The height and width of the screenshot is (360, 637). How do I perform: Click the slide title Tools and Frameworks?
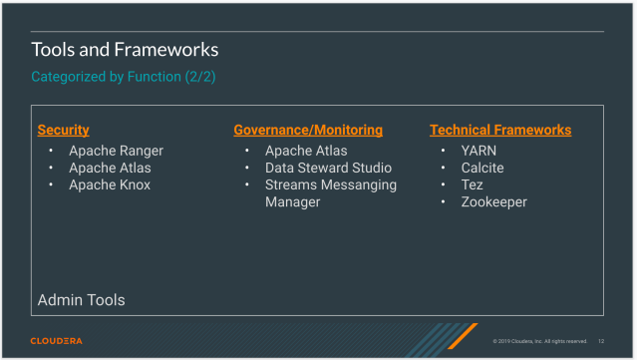[x=125, y=49]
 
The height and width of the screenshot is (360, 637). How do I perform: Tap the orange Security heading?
[x=63, y=130]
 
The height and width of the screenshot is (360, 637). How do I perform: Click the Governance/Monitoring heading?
[x=308, y=130]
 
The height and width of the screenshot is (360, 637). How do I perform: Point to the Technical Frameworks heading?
[x=500, y=130]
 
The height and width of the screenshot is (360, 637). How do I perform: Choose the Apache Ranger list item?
[x=116, y=151]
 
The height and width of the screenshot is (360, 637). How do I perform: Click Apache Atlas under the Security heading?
[x=110, y=168]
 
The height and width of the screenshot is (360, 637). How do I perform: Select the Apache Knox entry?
[x=110, y=184]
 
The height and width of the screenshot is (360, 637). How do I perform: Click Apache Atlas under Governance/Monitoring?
[x=306, y=151]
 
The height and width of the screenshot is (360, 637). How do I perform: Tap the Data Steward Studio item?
[x=328, y=168]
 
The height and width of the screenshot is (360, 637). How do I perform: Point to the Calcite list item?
[x=482, y=168]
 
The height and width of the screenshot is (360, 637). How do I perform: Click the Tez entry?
[x=472, y=184]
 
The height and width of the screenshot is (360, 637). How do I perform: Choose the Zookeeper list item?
[x=493, y=201]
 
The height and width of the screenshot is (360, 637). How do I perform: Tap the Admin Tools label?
[x=81, y=299]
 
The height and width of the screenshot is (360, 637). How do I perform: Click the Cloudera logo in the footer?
[x=56, y=341]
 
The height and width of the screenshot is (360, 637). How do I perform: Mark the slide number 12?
[x=601, y=341]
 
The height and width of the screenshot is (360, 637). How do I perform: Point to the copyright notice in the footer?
[x=539, y=341]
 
